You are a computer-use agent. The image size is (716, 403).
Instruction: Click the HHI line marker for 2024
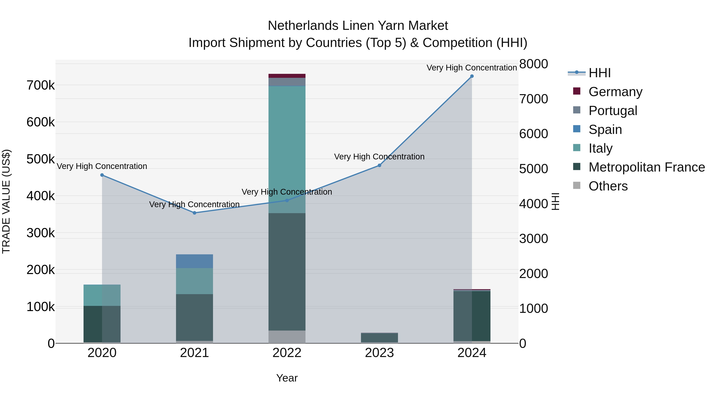click(472, 76)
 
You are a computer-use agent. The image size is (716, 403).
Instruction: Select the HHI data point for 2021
click(195, 213)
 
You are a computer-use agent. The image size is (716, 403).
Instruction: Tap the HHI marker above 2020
click(102, 175)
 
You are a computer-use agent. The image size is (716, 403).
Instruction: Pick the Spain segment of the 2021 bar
click(195, 261)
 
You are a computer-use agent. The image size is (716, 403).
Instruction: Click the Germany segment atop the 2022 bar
click(287, 76)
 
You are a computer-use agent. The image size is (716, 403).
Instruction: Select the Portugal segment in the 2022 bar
click(287, 82)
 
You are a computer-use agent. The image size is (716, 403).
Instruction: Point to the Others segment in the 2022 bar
click(287, 337)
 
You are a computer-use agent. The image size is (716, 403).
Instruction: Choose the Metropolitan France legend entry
click(647, 167)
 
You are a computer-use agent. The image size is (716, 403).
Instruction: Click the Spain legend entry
click(605, 130)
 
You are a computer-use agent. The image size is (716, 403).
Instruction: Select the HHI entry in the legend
click(599, 73)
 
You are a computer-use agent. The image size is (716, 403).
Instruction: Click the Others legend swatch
click(577, 185)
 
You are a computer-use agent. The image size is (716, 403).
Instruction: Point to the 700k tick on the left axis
click(41, 85)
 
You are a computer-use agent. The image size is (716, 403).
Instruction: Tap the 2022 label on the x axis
click(287, 353)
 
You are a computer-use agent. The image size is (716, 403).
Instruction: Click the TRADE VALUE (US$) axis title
click(6, 201)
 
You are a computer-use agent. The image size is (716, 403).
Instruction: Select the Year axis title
click(287, 378)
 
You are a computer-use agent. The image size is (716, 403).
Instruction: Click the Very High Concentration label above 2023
click(379, 157)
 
